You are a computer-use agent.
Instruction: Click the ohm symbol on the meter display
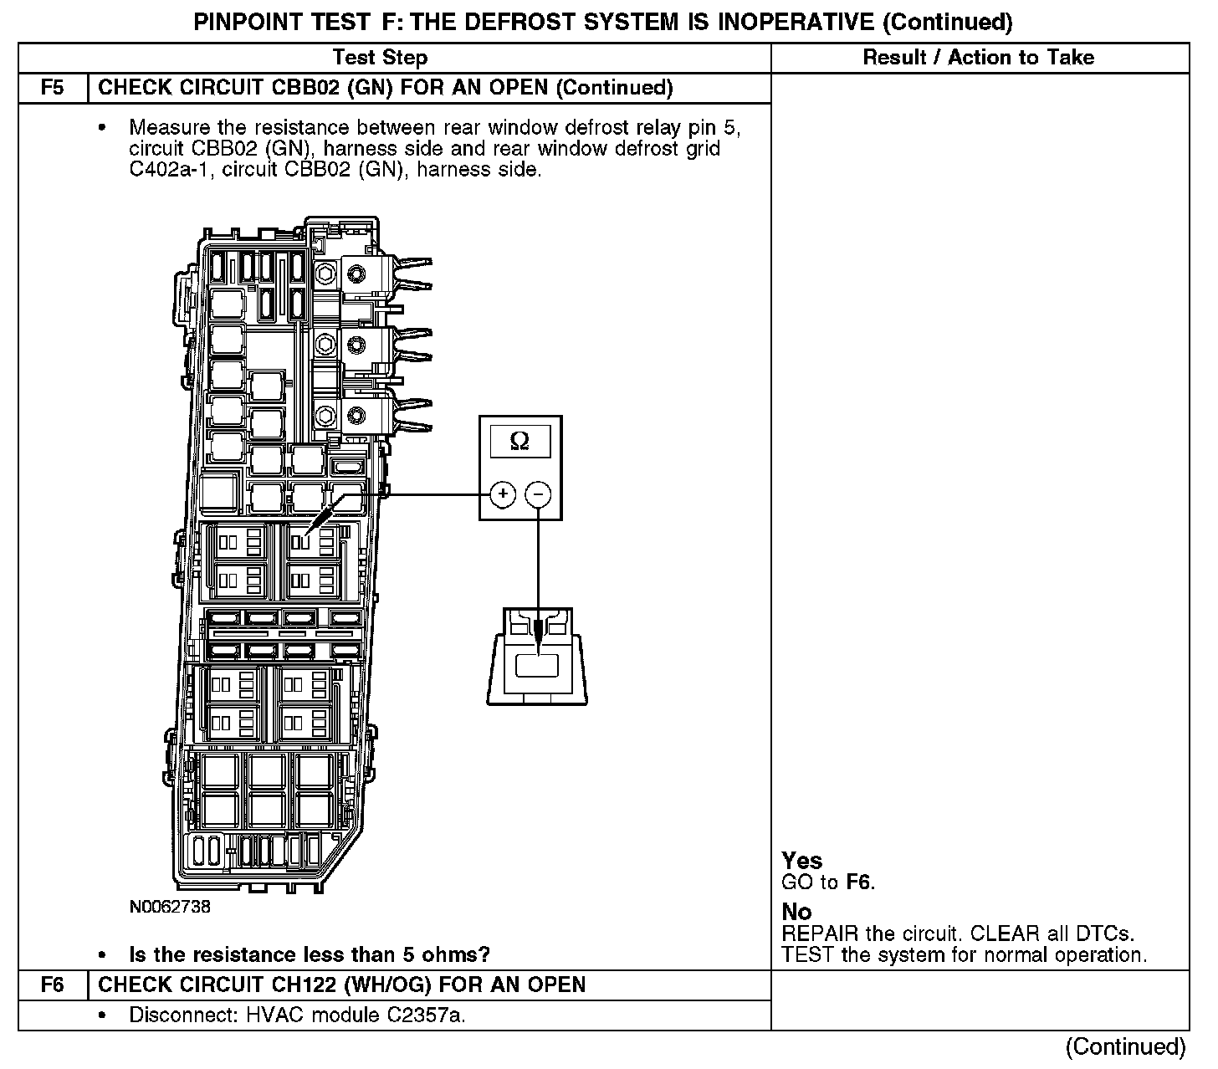pos(519,440)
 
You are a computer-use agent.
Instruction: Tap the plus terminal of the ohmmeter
pos(502,494)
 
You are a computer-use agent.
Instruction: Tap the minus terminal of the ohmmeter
pos(538,494)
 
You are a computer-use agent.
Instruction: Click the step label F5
pos(52,88)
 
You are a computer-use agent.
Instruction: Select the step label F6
pos(52,985)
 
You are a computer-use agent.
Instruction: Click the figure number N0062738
pos(170,907)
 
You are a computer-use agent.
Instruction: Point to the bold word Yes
pos(801,861)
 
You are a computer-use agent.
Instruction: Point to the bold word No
pos(796,912)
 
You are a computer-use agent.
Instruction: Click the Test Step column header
pos(380,58)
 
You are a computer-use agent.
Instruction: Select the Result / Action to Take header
pos(978,58)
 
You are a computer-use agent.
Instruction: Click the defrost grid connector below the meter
pos(537,657)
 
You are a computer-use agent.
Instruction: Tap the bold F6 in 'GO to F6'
pos(858,882)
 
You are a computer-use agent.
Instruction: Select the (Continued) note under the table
pos(1125,1047)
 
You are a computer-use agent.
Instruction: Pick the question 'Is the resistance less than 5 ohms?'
pos(309,954)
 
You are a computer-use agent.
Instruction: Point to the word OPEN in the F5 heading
pos(519,88)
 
